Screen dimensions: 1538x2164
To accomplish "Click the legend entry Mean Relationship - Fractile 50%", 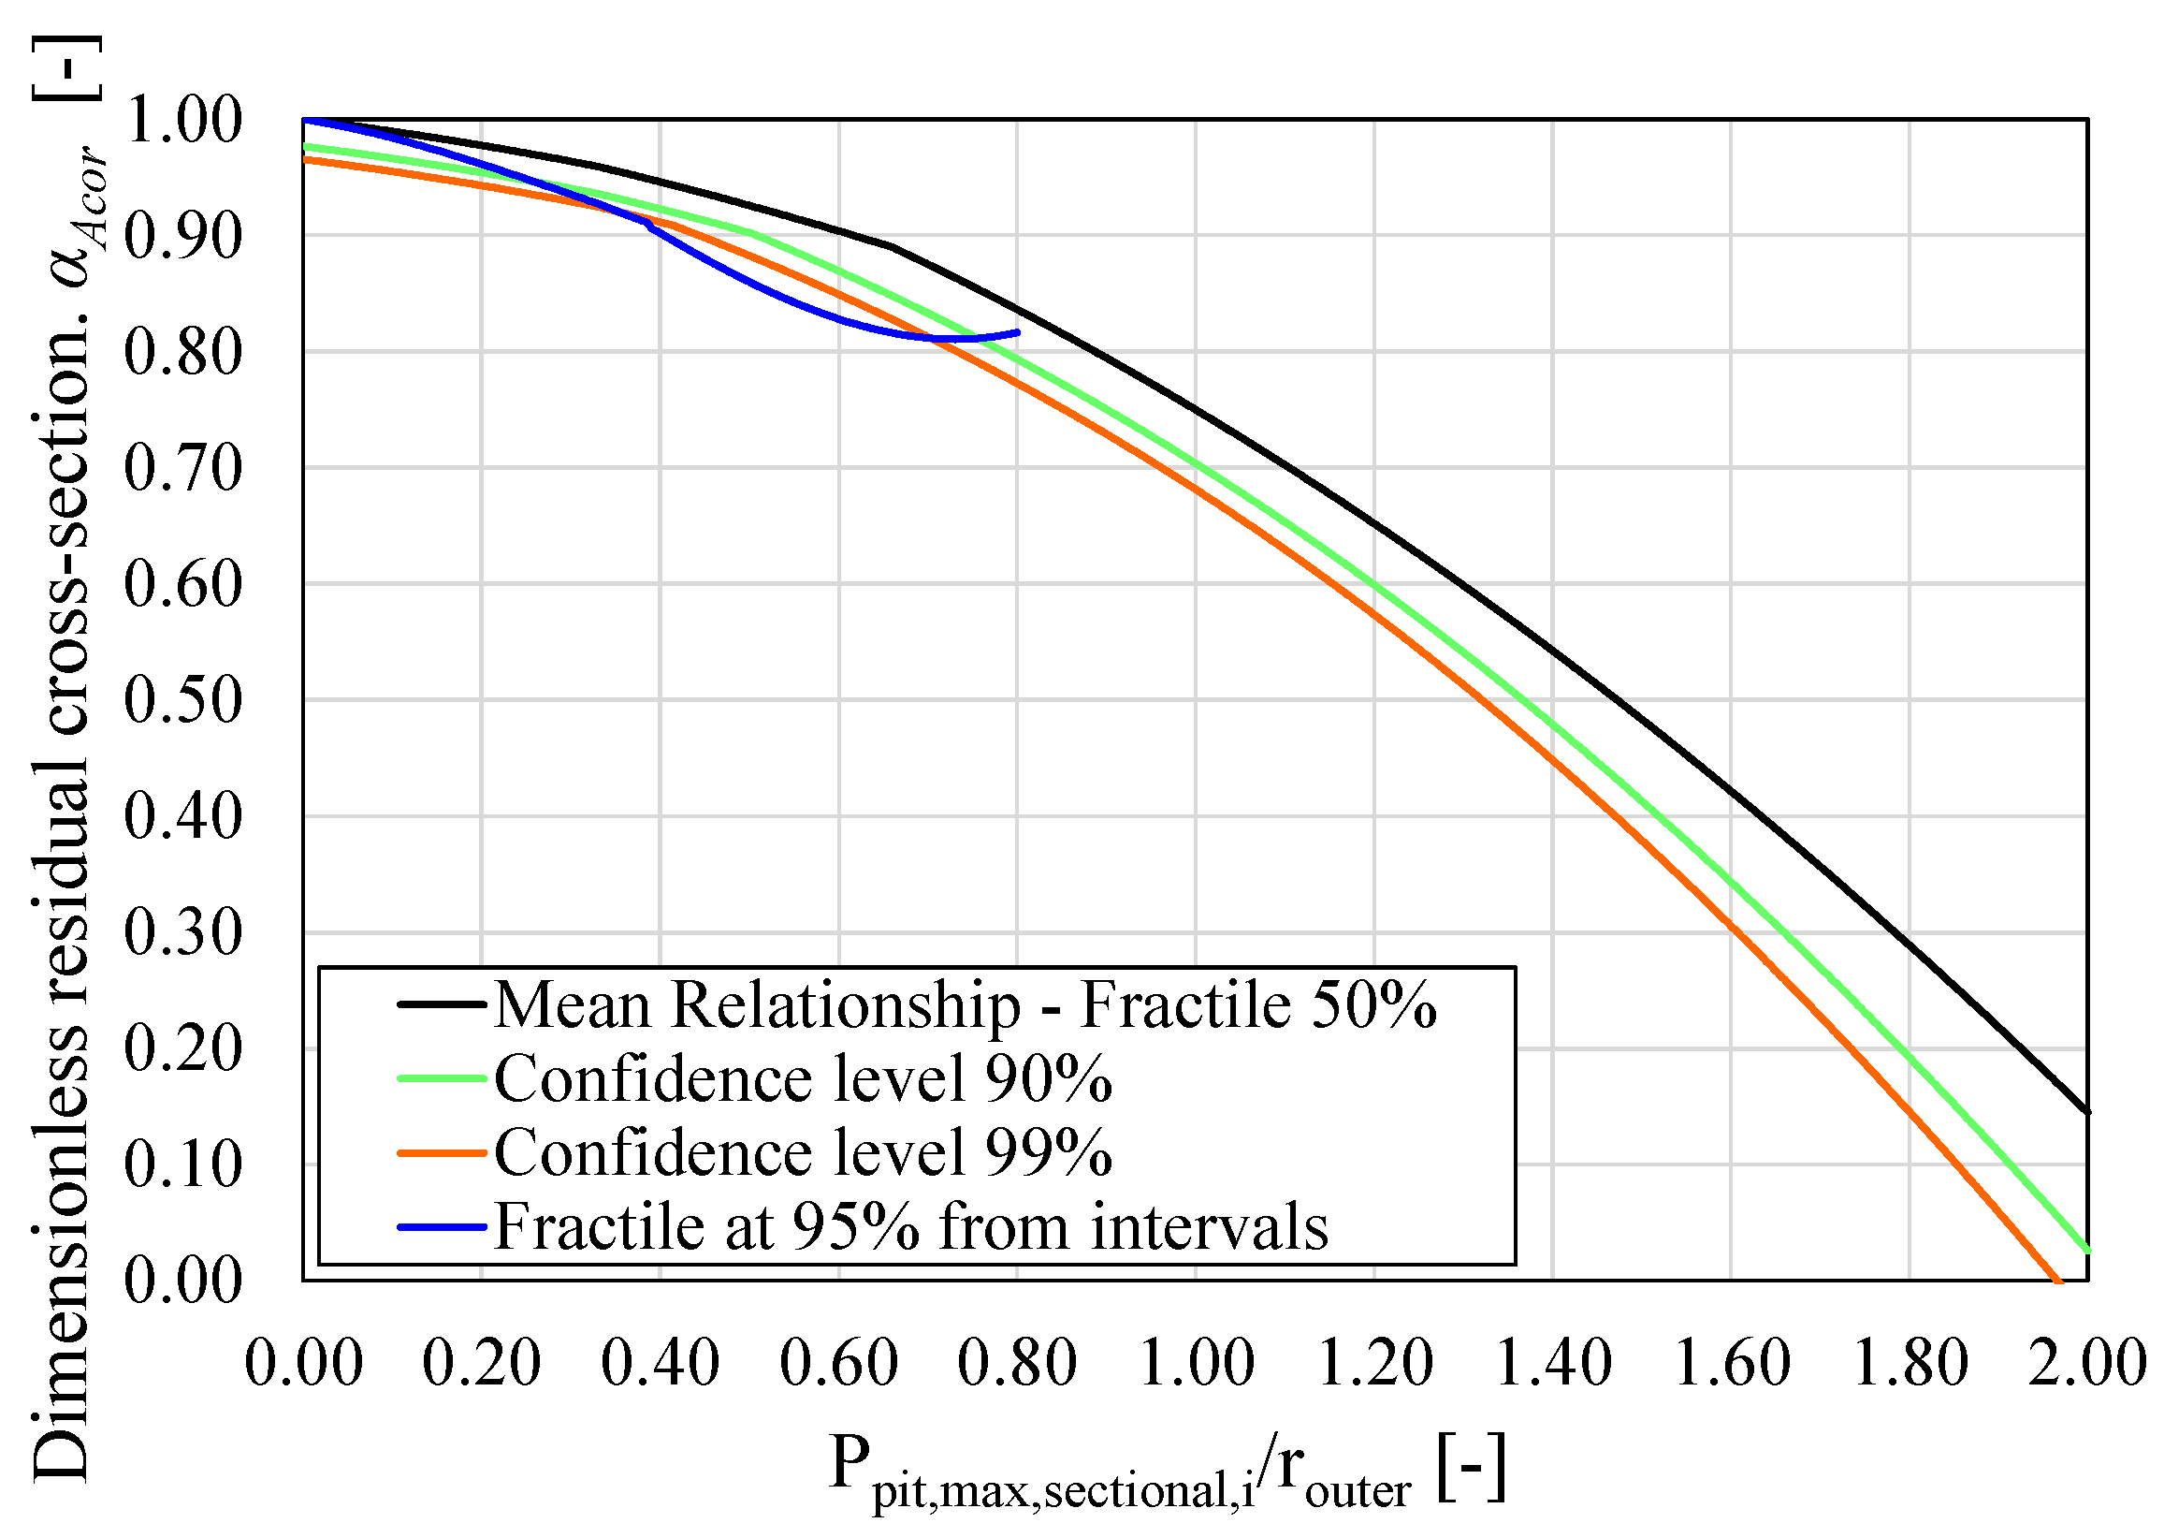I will [x=964, y=1004].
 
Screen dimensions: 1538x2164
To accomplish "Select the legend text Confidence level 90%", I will [x=803, y=1078].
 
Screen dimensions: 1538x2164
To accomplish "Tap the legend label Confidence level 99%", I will [x=803, y=1152].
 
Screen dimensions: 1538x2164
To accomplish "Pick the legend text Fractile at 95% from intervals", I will [x=910, y=1227].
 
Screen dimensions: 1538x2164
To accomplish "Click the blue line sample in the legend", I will [x=443, y=1227].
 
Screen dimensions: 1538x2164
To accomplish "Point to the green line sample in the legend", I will [x=443, y=1078].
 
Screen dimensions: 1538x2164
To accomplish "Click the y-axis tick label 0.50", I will [x=182, y=702].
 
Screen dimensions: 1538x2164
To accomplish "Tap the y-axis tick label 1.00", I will [x=182, y=121].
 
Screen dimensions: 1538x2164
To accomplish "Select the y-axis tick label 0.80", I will [x=182, y=353].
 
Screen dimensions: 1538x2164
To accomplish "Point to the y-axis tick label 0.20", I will [x=182, y=1050].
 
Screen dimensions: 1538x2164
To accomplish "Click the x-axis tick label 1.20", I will [x=1374, y=1364].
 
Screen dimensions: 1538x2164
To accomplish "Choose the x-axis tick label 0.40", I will [x=660, y=1364].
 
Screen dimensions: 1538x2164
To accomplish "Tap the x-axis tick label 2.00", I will [x=2086, y=1364].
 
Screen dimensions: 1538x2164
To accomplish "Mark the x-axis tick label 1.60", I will [x=1732, y=1364].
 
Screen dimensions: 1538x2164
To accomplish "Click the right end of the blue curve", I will [x=1018, y=331].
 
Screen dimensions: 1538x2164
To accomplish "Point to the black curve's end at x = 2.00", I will [x=2085, y=1112].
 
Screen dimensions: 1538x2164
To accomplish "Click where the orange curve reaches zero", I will [x=2056, y=1279].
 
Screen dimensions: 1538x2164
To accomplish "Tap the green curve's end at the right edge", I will [x=2085, y=1250].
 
